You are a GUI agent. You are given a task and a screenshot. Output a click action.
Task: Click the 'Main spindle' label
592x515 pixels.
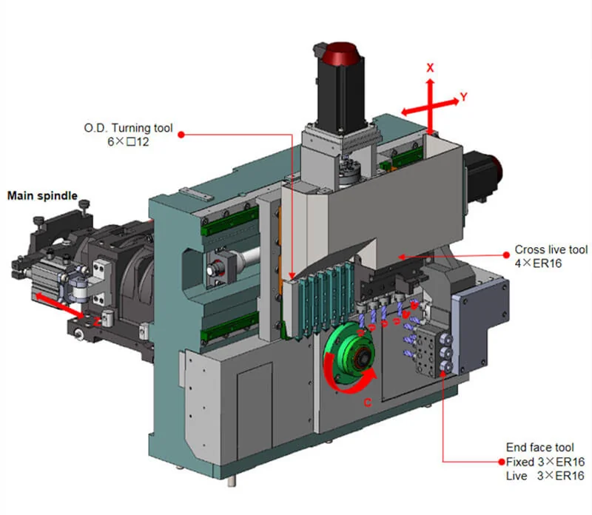(42, 195)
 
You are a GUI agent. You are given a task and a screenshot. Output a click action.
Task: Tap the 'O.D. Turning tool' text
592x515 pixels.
(128, 128)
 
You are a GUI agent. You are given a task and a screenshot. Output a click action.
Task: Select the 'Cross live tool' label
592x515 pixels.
(551, 249)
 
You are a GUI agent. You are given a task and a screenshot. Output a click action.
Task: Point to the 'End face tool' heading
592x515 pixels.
(540, 448)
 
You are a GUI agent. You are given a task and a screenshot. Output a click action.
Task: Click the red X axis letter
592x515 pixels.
(430, 68)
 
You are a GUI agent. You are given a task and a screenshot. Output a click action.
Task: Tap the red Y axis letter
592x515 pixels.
(463, 97)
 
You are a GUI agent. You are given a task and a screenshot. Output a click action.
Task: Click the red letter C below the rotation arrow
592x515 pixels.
(367, 403)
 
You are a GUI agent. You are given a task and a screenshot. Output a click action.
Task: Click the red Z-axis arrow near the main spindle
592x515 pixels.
(60, 306)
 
